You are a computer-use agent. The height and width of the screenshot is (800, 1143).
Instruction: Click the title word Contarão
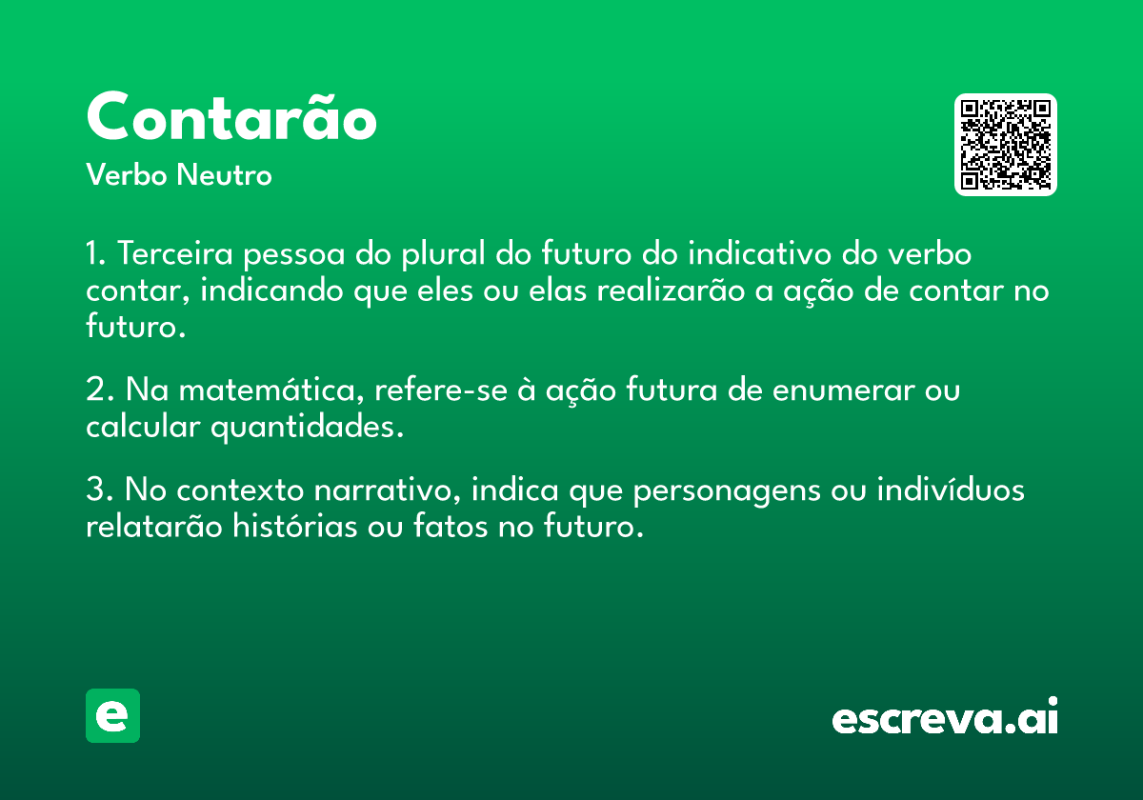point(231,115)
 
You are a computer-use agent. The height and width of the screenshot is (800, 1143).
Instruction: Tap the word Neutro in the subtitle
point(224,174)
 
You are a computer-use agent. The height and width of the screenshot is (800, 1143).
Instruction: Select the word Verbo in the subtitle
point(127,174)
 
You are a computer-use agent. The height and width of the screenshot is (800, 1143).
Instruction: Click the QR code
point(1005,145)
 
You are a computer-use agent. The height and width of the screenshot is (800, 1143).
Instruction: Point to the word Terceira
point(175,253)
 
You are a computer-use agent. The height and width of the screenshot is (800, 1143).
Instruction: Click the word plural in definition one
point(443,254)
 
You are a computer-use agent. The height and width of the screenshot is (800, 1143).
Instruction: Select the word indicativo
point(759,253)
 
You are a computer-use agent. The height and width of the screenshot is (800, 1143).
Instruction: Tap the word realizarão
point(671,290)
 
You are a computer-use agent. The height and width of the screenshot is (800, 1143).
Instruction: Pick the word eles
point(445,290)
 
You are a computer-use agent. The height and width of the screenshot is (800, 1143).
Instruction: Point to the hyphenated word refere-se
point(441,390)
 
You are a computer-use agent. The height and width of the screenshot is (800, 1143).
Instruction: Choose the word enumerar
point(844,390)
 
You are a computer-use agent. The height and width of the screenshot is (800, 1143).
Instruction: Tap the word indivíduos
point(951,489)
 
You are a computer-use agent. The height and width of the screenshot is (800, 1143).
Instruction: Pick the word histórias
point(294,526)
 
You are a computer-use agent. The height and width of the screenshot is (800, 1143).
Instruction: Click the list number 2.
point(96,390)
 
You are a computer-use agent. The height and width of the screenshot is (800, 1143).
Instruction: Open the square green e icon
point(112,715)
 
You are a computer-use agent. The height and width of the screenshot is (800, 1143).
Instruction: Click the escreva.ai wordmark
point(945,715)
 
